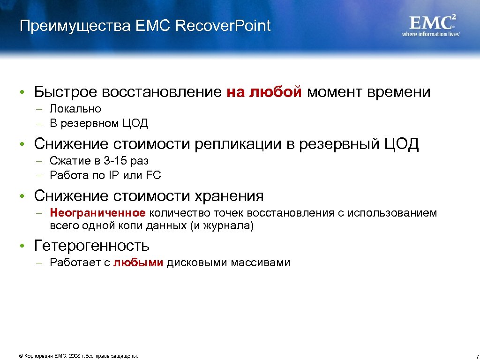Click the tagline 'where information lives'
coord(431,34)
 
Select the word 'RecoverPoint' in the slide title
coord(223,26)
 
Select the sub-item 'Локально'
coord(75,109)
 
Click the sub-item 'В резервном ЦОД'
coord(99,124)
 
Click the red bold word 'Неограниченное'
coord(98,213)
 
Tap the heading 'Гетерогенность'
coord(92,245)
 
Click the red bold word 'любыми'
coord(138,262)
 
